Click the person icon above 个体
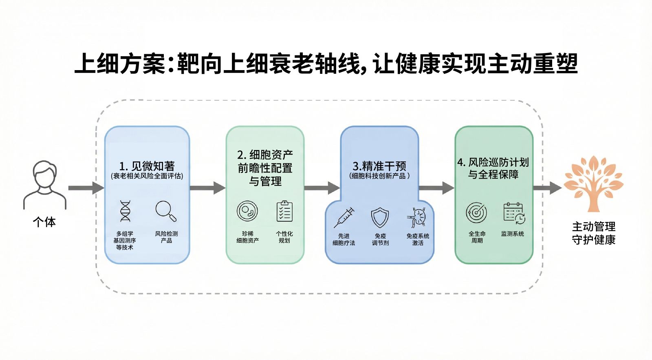pos(44,185)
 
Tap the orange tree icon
pos(593,183)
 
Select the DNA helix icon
pos(125,211)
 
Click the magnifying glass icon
pos(165,211)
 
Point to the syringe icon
pos(344,217)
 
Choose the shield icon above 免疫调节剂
pos(380,218)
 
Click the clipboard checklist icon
pos(284,211)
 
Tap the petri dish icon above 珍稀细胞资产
pos(247,211)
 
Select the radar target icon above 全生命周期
pos(476,212)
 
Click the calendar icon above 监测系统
pos(514,213)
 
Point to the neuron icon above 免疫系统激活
pos(417,217)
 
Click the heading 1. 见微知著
pos(147,166)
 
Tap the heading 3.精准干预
pos(379,166)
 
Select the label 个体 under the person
pos(44,222)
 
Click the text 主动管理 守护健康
pos(593,233)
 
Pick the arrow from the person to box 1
pos(86,188)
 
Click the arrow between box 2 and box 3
pos(322,188)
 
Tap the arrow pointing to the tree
pos(548,188)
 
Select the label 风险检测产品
pos(166,237)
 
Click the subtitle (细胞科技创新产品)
pos(379,176)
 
